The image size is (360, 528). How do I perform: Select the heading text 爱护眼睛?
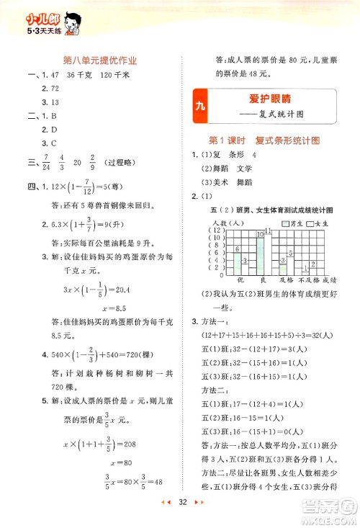point(270,99)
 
